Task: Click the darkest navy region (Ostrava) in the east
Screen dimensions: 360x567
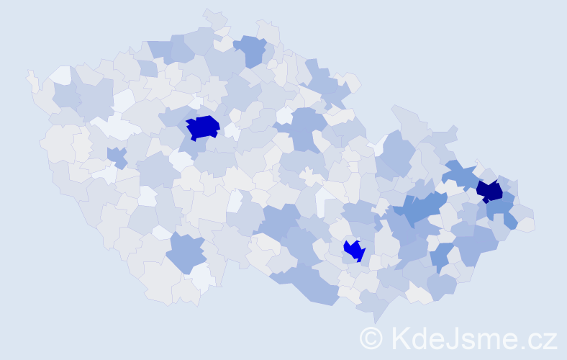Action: point(489,191)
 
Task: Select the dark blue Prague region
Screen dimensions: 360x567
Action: point(202,127)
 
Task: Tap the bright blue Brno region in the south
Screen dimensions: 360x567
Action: point(354,251)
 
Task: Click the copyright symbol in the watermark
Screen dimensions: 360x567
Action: point(371,338)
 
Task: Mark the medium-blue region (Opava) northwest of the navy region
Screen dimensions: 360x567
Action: point(461,174)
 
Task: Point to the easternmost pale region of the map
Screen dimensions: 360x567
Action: point(526,225)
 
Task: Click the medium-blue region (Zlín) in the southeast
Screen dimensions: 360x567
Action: point(440,256)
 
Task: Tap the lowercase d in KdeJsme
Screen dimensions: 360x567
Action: point(422,338)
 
